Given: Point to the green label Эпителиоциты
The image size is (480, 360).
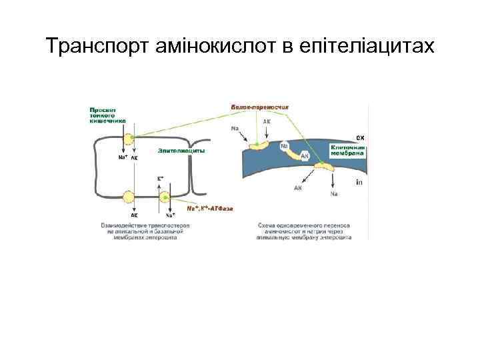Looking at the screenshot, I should [x=181, y=151].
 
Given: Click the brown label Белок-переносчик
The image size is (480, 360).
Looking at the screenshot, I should [x=263, y=107].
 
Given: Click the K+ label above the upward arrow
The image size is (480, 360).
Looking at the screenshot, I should [x=161, y=178].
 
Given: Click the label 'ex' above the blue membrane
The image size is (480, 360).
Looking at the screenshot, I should [x=360, y=137].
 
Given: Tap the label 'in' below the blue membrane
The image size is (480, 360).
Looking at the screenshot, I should [x=359, y=181].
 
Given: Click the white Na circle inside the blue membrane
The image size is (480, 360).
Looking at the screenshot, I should [x=285, y=146].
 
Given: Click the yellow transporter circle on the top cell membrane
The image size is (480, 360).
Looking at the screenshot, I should [x=127, y=139].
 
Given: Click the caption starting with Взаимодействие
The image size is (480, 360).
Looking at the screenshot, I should [x=144, y=229].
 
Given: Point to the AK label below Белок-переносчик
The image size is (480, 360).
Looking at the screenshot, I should [x=267, y=122].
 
